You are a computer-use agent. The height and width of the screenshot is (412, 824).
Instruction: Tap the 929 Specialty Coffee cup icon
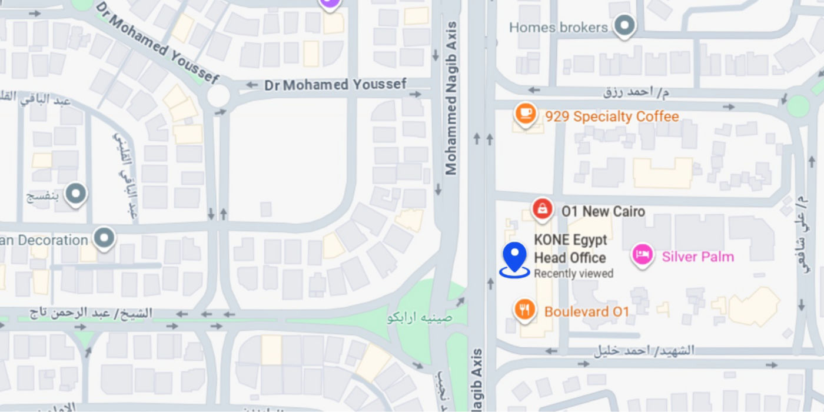(525, 114)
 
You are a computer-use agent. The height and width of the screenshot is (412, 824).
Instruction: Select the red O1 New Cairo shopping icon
(542, 208)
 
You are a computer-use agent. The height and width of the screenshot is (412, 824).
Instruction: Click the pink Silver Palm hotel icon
(642, 255)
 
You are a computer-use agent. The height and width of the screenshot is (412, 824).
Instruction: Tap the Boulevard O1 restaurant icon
(524, 309)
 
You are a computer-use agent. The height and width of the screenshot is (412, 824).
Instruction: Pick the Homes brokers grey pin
(624, 26)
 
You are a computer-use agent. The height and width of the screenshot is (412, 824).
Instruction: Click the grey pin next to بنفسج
(76, 194)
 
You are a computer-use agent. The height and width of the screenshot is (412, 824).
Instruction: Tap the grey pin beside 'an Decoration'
(105, 238)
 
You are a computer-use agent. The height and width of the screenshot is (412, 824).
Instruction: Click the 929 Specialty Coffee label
(612, 117)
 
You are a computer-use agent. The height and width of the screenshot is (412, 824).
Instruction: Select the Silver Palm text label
(698, 257)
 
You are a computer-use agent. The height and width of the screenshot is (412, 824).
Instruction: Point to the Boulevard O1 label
(587, 311)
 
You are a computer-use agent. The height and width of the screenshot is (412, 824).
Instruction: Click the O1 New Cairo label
(603, 211)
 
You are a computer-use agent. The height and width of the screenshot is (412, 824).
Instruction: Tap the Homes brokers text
(558, 27)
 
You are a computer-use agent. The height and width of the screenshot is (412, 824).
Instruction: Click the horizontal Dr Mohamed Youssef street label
(335, 85)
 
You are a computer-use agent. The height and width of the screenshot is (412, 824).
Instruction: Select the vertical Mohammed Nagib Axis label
(451, 98)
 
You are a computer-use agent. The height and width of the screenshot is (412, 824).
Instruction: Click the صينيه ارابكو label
(420, 318)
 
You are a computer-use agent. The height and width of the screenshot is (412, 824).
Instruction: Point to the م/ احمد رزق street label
(636, 92)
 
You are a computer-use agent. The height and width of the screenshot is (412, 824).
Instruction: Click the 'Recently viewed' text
(573, 274)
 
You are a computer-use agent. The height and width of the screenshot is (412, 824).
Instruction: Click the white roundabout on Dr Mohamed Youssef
(218, 96)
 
